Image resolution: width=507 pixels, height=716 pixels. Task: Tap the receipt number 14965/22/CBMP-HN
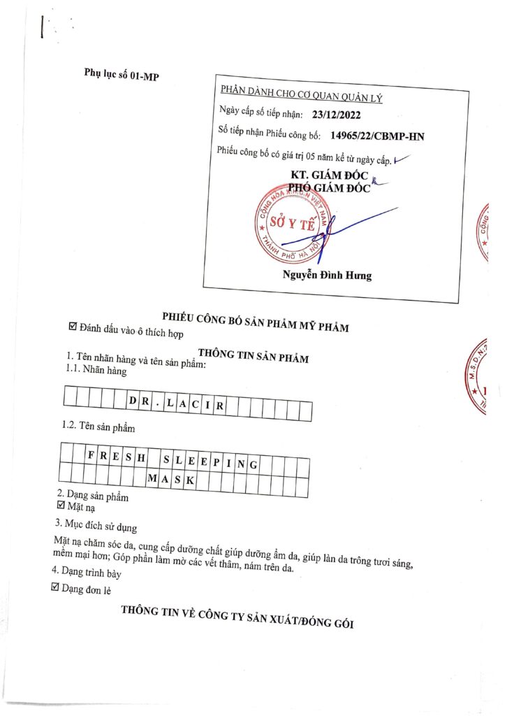[x=376, y=136]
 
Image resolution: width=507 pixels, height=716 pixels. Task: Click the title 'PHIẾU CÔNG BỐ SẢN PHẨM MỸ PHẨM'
[x=256, y=320]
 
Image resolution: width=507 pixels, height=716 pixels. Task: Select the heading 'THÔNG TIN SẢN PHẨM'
[x=253, y=356]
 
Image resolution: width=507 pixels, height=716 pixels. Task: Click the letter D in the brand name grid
[x=133, y=401]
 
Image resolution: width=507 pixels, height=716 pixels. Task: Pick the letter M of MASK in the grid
[x=152, y=480]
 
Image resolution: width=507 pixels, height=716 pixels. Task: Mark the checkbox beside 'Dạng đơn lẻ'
[x=57, y=589]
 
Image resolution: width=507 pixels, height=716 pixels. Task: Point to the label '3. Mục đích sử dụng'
[x=96, y=524]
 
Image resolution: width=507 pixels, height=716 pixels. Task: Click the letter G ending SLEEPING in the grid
[x=253, y=464]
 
